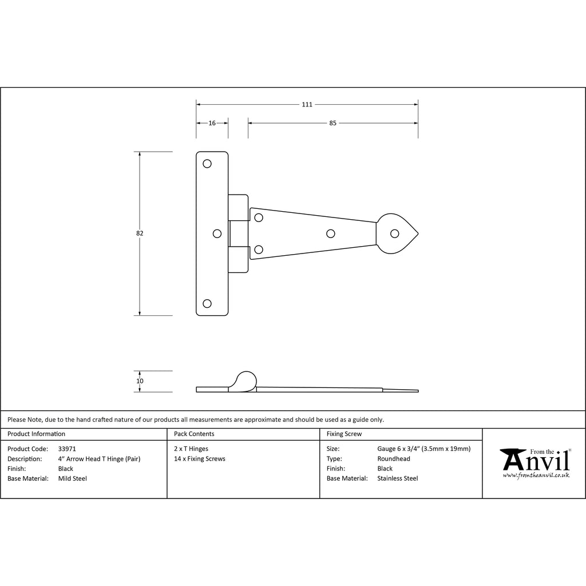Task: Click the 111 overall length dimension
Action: point(307,105)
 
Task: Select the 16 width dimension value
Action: point(212,123)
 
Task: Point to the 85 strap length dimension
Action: point(332,123)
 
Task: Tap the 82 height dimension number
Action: point(140,233)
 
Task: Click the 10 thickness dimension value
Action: point(140,381)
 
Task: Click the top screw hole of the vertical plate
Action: point(207,164)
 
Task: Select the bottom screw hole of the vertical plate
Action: point(207,303)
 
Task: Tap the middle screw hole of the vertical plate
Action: point(217,233)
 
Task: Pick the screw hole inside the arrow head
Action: point(395,233)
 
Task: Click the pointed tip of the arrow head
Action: point(418,234)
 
